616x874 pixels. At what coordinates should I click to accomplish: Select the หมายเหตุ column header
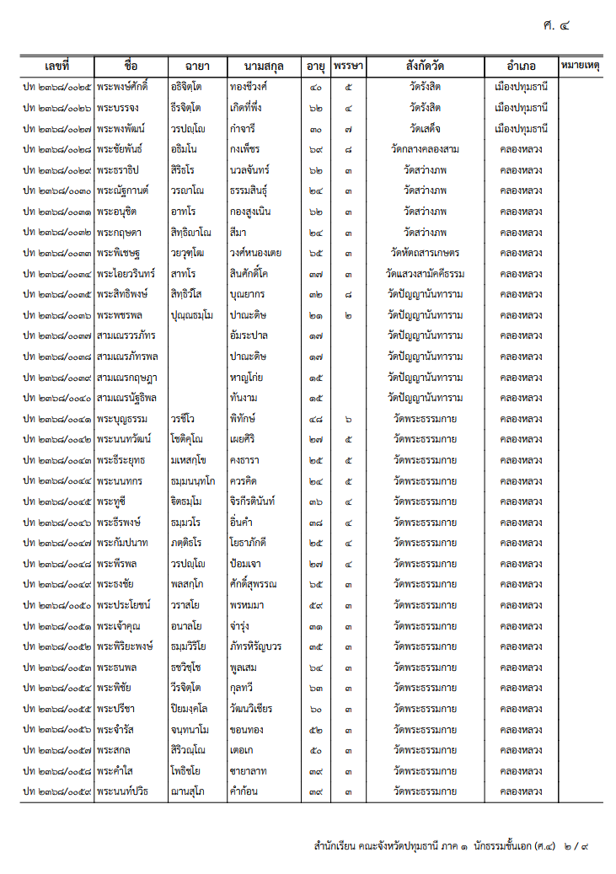click(x=580, y=66)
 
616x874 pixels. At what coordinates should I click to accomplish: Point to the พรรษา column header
click(x=348, y=66)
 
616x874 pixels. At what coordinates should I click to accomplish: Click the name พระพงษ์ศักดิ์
click(x=122, y=87)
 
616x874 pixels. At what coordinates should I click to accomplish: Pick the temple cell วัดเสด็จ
click(x=425, y=128)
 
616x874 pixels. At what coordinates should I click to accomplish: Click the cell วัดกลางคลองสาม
click(x=425, y=149)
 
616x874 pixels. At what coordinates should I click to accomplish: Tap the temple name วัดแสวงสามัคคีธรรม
click(x=425, y=274)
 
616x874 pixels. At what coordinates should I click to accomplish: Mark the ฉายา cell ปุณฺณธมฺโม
click(x=191, y=315)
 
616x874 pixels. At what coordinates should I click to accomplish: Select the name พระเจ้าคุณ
click(x=119, y=626)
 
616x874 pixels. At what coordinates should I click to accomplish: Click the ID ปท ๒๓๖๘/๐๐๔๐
click(x=57, y=398)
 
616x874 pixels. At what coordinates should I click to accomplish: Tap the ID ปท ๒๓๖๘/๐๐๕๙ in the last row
click(x=57, y=792)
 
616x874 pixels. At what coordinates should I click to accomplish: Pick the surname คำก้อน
click(x=244, y=792)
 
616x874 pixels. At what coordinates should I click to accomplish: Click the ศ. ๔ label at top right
click(x=557, y=25)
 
